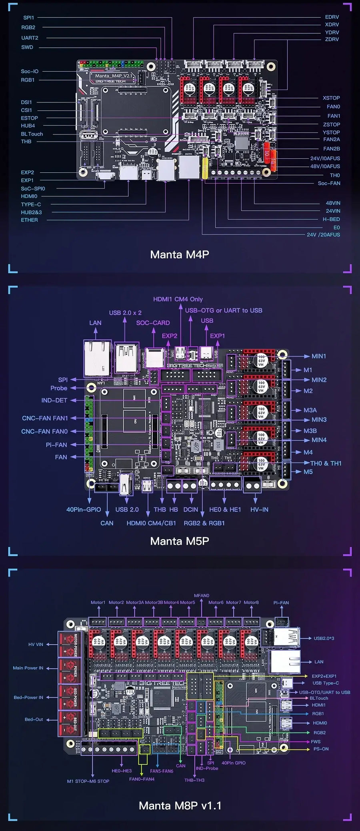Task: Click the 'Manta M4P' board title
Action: point(180,254)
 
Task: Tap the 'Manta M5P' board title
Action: point(180,541)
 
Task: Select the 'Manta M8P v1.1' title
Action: point(180,805)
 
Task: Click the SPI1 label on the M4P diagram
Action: point(29,18)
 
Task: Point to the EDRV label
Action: point(332,17)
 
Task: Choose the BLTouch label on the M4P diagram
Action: point(32,134)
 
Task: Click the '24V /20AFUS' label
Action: point(323,235)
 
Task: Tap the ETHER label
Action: point(30,220)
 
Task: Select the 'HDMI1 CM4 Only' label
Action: point(178,299)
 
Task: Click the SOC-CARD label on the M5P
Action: point(153,323)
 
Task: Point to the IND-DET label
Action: point(54,400)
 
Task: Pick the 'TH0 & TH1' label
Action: point(326,463)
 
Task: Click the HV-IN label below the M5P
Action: point(259,509)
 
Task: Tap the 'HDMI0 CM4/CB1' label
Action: point(151,523)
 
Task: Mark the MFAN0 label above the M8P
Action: point(202,595)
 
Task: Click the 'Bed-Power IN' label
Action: point(28,697)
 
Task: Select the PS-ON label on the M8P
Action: point(321,749)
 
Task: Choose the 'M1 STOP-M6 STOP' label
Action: point(88,781)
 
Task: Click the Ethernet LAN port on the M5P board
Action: point(97,358)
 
